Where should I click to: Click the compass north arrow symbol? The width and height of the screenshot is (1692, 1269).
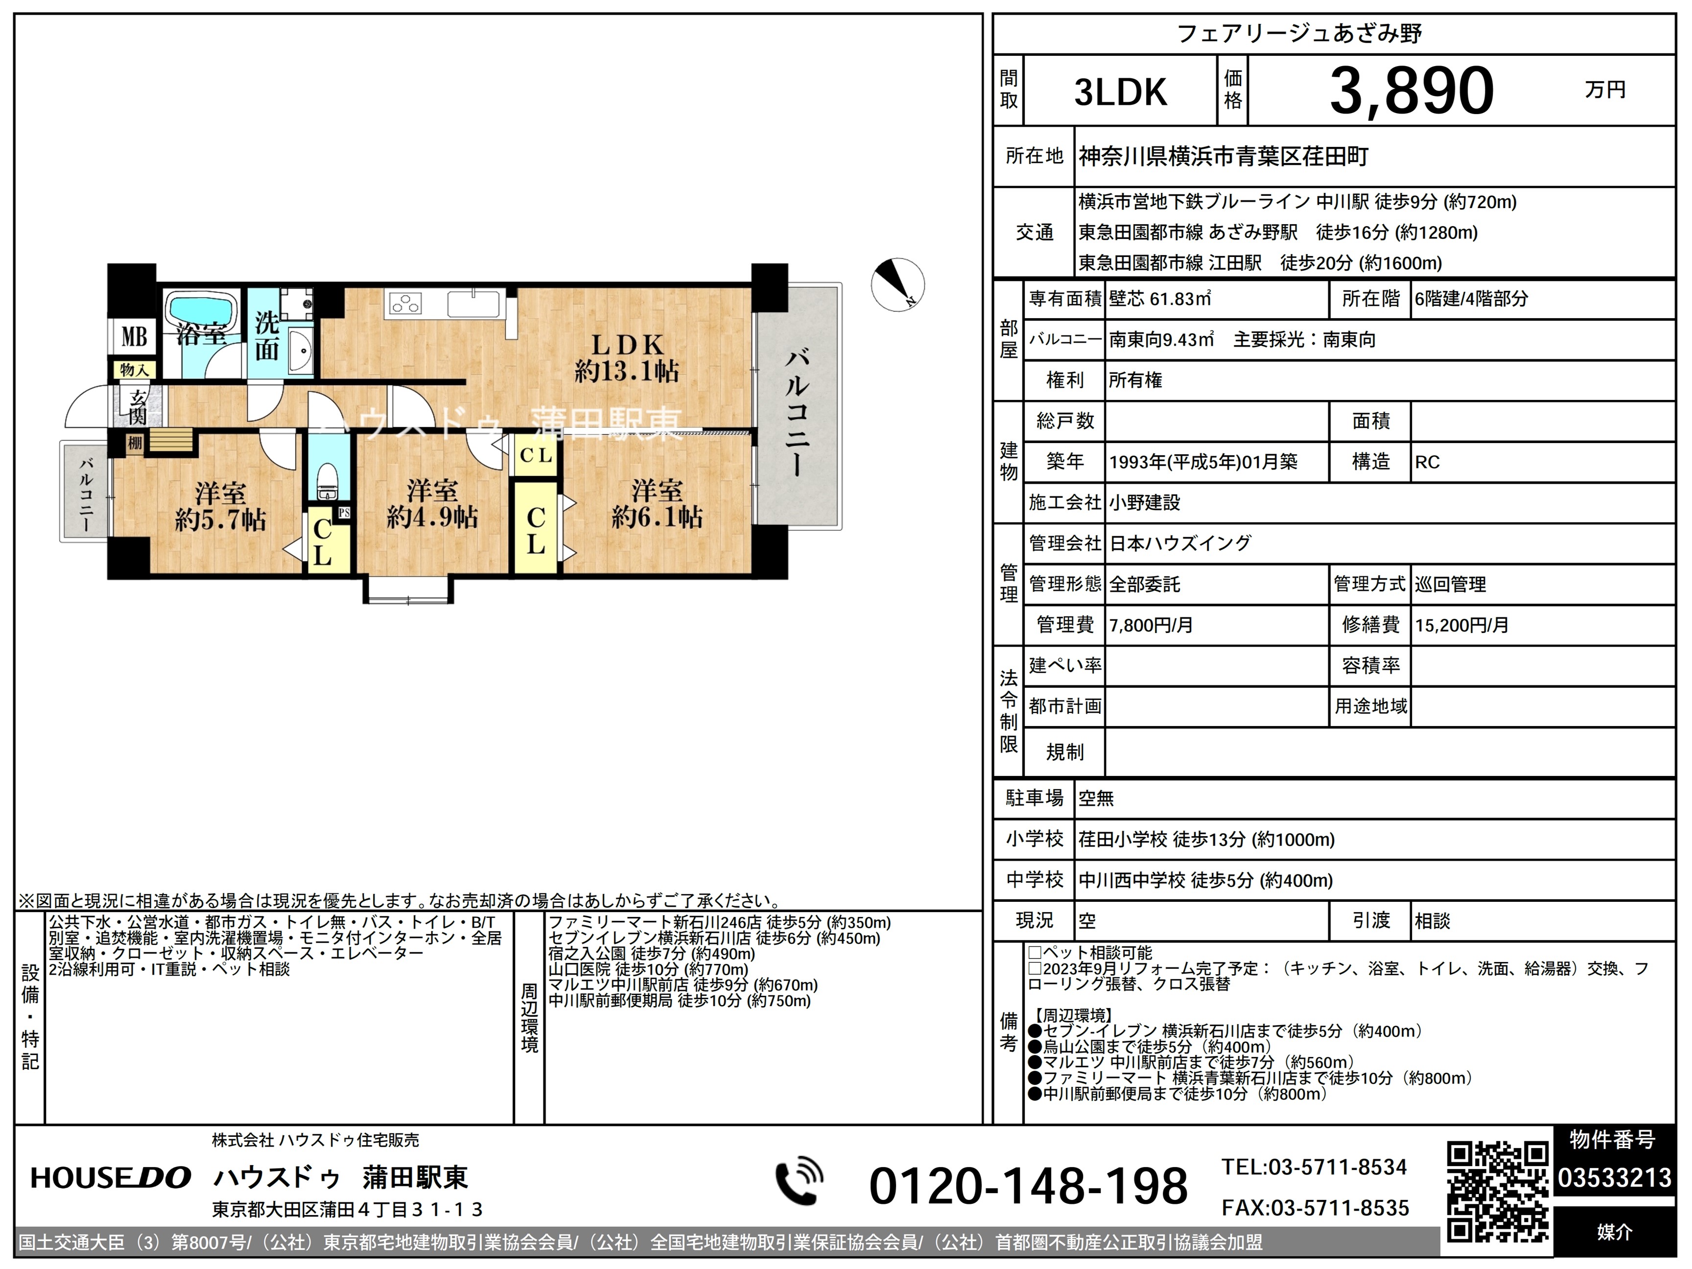[897, 284]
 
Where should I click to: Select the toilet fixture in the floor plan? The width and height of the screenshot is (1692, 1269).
[328, 480]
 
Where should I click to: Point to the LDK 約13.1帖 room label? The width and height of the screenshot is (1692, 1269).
[627, 358]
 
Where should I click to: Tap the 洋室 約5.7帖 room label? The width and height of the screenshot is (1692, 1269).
[220, 506]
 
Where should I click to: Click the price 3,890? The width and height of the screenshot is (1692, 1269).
[1411, 91]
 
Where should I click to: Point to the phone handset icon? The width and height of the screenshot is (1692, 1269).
[799, 1182]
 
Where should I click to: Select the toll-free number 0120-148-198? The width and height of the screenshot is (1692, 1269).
[1028, 1186]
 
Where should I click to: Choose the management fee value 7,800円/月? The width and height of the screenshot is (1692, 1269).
[1151, 625]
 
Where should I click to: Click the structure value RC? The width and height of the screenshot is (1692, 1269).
[1427, 462]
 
